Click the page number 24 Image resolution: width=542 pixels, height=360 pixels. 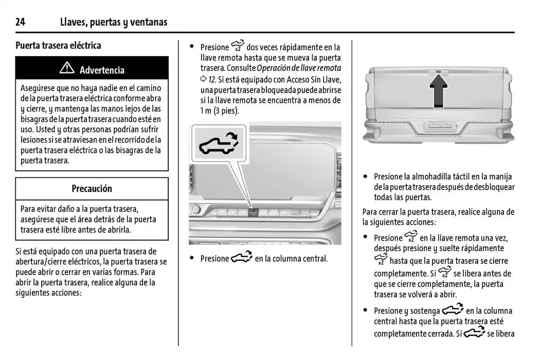point(21,22)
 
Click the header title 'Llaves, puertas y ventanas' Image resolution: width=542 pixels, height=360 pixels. point(114,22)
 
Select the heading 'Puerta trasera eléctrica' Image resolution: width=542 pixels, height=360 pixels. point(58,45)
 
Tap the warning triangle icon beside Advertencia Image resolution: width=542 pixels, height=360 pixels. point(67,69)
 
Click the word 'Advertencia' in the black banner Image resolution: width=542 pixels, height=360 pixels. point(102,70)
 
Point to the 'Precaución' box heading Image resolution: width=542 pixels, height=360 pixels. point(92,189)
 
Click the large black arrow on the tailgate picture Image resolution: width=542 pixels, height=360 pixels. point(438,91)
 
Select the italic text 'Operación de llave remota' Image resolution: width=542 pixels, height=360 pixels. point(299,68)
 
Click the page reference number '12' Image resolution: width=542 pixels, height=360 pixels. point(211,79)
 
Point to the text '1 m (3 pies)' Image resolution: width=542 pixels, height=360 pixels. point(220,111)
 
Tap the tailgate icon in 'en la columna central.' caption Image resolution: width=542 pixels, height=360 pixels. point(242,258)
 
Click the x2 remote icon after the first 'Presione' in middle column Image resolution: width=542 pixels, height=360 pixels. point(238,46)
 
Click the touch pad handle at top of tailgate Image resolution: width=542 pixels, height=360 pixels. point(438,72)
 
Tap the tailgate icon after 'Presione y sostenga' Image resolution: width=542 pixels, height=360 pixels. point(453,310)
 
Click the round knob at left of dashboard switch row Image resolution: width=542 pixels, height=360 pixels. point(195,209)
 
